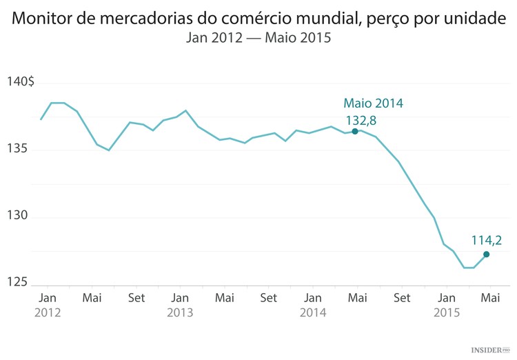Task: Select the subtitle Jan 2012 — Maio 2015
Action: pos(258,39)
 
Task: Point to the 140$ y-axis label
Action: pos(21,82)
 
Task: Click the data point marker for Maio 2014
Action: pos(355,131)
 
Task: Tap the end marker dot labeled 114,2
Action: pos(487,254)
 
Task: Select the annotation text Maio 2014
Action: pos(373,103)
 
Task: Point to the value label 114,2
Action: pos(486,241)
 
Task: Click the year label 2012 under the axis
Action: pos(48,312)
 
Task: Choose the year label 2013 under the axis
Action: pos(180,312)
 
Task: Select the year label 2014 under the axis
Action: pos(313,312)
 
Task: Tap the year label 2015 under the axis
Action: pos(447,312)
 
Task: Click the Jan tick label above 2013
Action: pos(180,298)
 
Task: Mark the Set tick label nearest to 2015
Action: pos(402,298)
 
